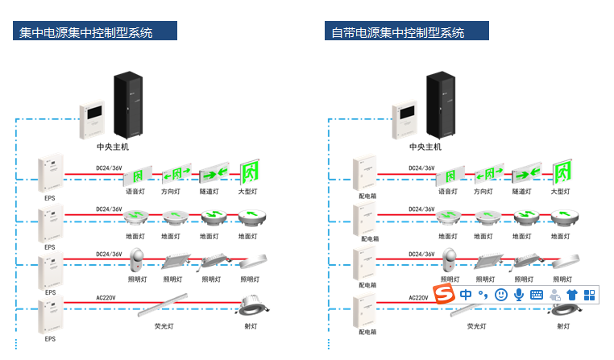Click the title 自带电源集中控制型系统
(x=398, y=33)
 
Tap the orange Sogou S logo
(x=445, y=295)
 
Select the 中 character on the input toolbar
(x=467, y=295)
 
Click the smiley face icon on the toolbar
(x=501, y=295)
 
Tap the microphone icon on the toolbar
(x=519, y=295)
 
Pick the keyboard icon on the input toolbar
(x=537, y=295)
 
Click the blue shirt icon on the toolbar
(x=572, y=295)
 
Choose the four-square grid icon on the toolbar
(x=590, y=295)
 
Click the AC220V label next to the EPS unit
(x=106, y=298)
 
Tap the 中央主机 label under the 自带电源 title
(x=425, y=147)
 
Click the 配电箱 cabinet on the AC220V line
(x=364, y=314)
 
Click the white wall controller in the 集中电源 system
(x=92, y=121)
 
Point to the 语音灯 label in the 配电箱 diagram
(x=447, y=192)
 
